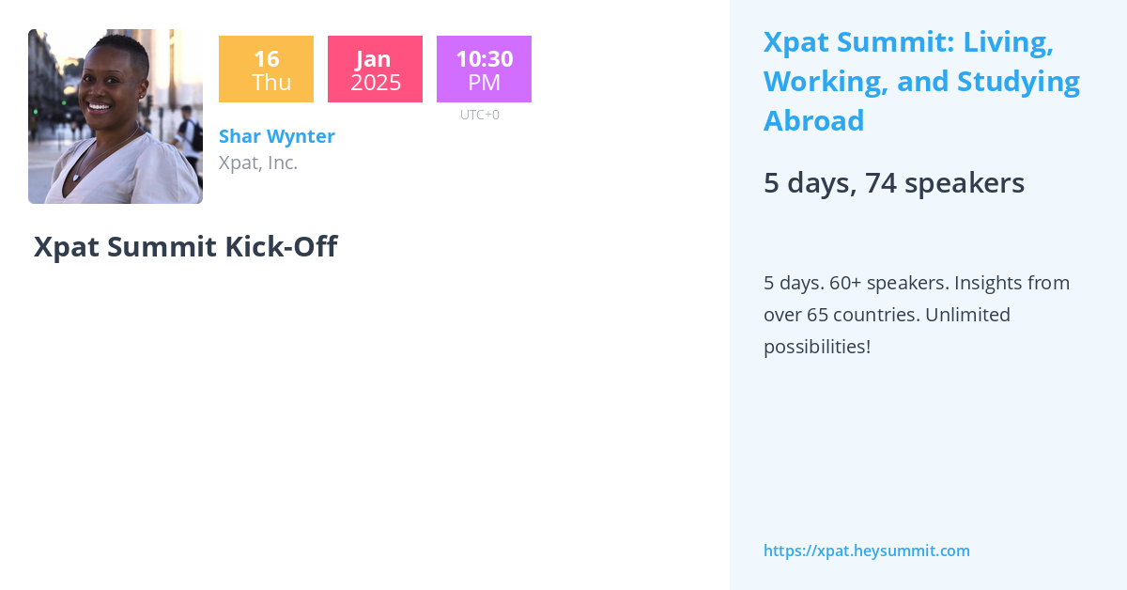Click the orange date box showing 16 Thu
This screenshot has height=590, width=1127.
click(x=266, y=70)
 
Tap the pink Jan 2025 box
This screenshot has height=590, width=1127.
click(x=375, y=70)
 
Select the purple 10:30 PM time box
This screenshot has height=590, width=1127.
click(x=484, y=70)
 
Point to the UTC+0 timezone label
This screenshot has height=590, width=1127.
click(x=480, y=115)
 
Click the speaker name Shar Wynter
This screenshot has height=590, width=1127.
click(x=277, y=136)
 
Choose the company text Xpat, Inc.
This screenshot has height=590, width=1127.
click(x=258, y=163)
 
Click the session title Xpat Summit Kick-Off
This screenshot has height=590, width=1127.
click(x=185, y=246)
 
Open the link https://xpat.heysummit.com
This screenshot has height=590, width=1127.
click(x=866, y=551)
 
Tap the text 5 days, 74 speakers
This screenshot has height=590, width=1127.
click(x=893, y=182)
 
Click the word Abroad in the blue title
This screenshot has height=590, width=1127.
click(x=813, y=121)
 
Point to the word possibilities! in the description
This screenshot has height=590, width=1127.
click(x=816, y=347)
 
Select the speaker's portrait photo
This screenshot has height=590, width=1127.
click(x=116, y=116)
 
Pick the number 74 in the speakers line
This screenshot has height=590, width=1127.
click(x=881, y=182)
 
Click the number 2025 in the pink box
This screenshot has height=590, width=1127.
click(x=376, y=83)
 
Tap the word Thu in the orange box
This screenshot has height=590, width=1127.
click(x=271, y=83)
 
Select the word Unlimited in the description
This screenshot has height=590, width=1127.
click(x=967, y=315)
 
